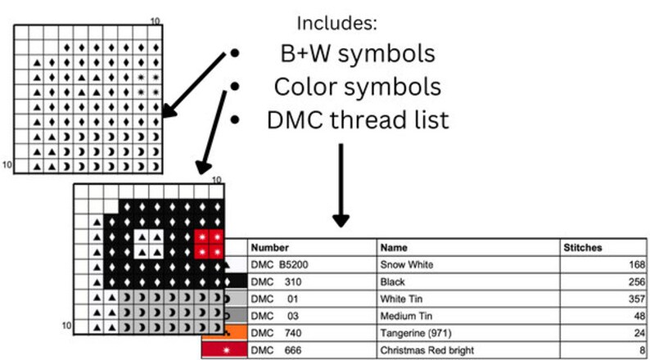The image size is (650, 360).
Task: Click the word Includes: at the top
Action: click(x=337, y=23)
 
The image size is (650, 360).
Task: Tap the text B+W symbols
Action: click(x=358, y=54)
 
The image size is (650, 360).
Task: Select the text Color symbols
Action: click(x=357, y=87)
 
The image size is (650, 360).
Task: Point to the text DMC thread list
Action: click(x=358, y=120)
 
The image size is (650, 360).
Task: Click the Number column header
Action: click(x=270, y=248)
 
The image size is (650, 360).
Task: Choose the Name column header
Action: click(x=394, y=248)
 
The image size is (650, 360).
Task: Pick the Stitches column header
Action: click(x=582, y=248)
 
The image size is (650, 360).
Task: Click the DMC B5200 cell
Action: click(x=279, y=265)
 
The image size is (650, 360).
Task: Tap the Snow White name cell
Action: click(x=407, y=265)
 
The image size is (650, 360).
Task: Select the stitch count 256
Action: click(x=637, y=282)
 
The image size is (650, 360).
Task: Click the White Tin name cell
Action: click(x=401, y=299)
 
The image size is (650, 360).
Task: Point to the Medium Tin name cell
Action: click(x=406, y=316)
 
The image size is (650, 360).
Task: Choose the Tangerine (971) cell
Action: click(x=416, y=333)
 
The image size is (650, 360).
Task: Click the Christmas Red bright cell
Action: click(x=427, y=350)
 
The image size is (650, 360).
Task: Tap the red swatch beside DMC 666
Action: click(x=224, y=350)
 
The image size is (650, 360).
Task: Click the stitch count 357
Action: click(x=637, y=299)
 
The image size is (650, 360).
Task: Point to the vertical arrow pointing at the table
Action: click(x=341, y=185)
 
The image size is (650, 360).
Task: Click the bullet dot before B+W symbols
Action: click(x=235, y=53)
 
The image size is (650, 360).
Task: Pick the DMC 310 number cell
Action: click(x=276, y=282)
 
